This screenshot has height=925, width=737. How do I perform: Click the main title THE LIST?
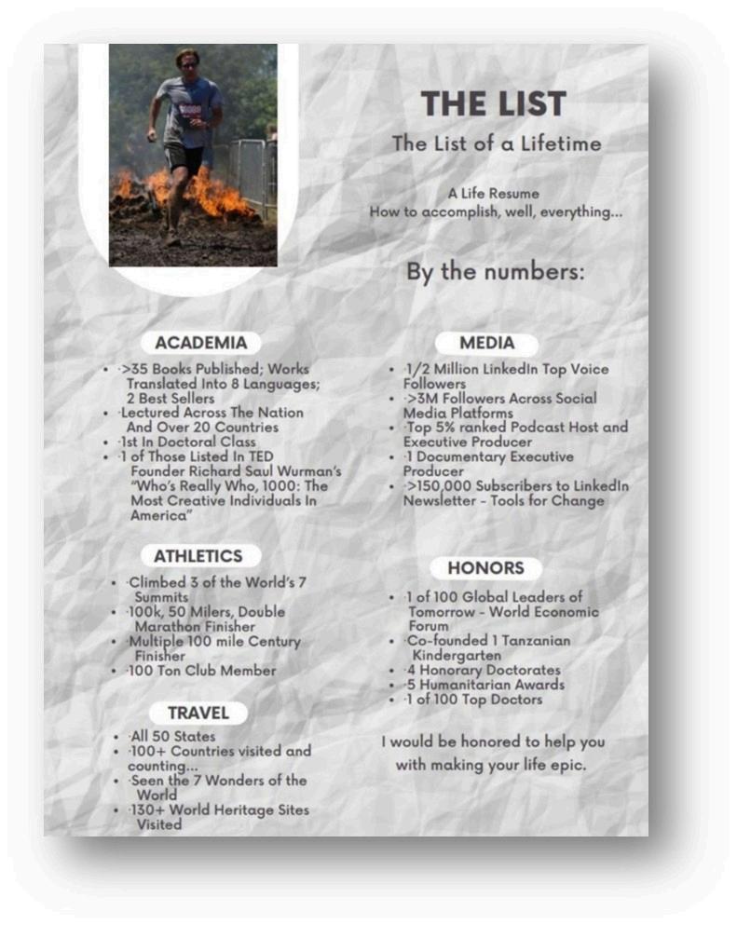coord(493,103)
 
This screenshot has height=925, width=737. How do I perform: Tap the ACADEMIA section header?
coord(200,342)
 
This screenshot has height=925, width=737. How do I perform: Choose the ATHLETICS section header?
coord(198,556)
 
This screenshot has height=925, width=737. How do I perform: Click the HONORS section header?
coord(485,567)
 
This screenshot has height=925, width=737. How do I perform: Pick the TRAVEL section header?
coord(198,713)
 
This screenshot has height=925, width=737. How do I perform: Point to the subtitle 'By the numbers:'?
coord(495,273)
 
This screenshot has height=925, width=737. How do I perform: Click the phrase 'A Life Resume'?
coord(493,194)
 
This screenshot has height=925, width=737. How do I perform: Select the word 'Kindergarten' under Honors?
coord(453,656)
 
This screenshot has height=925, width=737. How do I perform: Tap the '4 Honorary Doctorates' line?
coord(483,671)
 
